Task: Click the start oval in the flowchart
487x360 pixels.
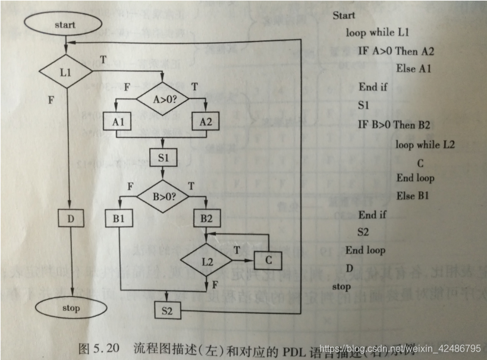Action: click(x=64, y=25)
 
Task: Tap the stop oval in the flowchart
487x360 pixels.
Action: click(x=71, y=308)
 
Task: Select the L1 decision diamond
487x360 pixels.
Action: click(x=65, y=71)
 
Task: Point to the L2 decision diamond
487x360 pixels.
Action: click(x=206, y=261)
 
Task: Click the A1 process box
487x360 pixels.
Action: click(x=118, y=122)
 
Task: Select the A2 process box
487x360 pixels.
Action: click(x=206, y=122)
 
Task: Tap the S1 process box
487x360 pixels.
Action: click(x=163, y=158)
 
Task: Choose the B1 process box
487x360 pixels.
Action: click(x=118, y=218)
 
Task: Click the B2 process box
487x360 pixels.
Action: click(x=206, y=218)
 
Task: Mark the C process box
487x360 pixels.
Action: click(x=268, y=260)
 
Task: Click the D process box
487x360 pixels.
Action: click(x=71, y=218)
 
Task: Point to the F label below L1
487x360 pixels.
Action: click(x=52, y=100)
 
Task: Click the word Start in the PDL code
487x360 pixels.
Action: click(x=344, y=15)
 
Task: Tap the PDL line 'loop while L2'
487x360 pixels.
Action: click(x=425, y=144)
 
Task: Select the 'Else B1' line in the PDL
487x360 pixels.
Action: click(x=413, y=195)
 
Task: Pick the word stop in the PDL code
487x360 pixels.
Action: click(x=341, y=287)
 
